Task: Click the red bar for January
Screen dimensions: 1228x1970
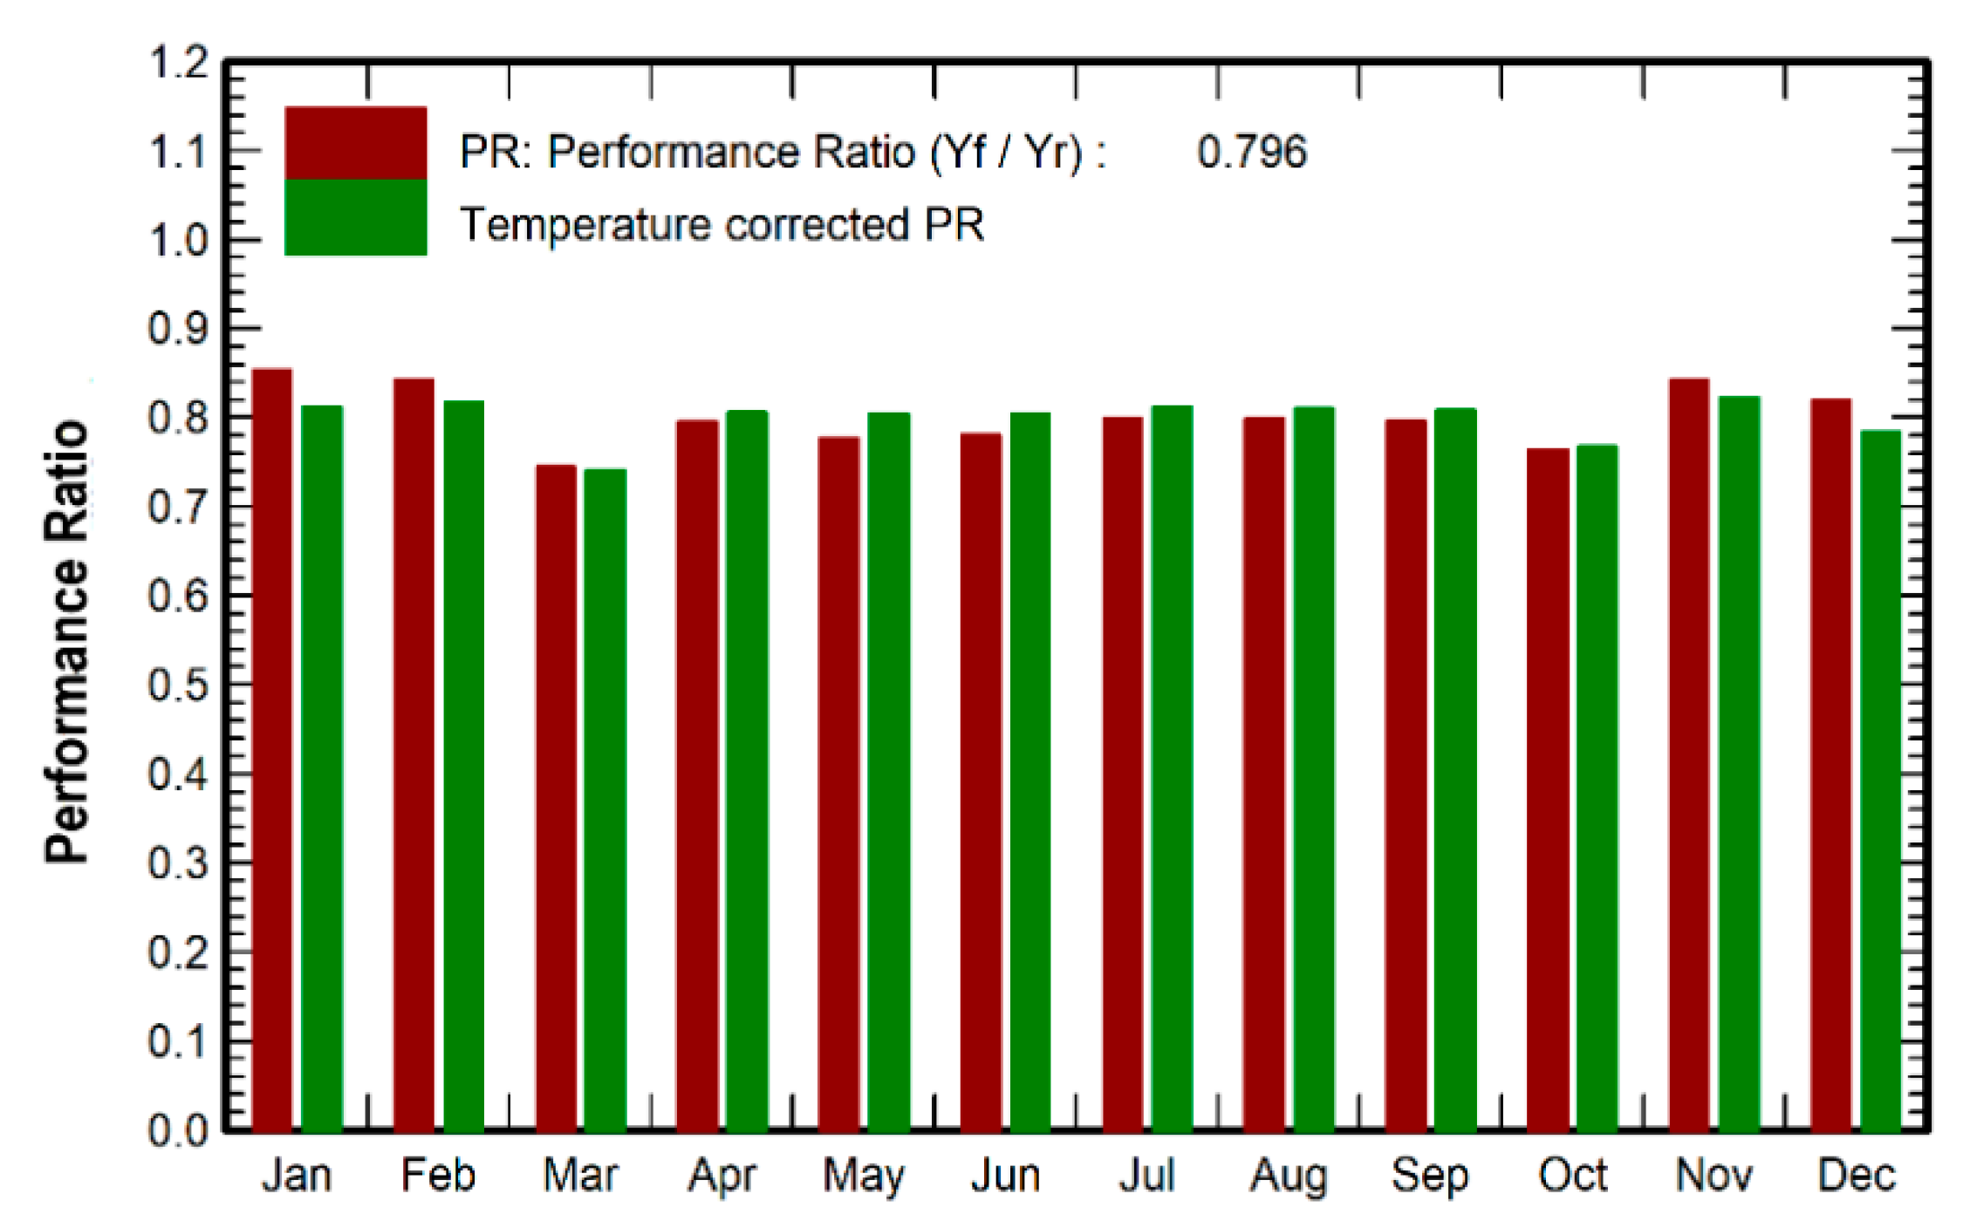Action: pos(272,750)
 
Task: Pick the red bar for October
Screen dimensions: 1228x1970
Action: pos(1548,789)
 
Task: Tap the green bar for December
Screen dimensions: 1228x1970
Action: pos(1880,781)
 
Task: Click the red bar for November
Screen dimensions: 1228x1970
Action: pos(1689,754)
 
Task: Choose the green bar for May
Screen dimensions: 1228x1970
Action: pos(889,772)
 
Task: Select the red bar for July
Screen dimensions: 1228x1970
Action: pos(1123,774)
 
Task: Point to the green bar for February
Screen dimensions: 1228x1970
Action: pos(464,766)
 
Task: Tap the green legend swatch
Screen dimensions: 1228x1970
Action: pos(356,217)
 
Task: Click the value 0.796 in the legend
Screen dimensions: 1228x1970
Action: pos(1251,153)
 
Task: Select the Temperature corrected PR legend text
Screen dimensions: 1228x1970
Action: pos(722,225)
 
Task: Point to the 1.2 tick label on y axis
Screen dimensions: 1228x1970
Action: pos(179,63)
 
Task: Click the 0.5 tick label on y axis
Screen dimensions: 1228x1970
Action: pos(179,686)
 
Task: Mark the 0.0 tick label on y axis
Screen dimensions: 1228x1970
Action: pos(179,1131)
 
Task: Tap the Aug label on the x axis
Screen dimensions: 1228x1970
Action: pos(1289,1176)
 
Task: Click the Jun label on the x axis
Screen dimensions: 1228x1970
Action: pos(1006,1176)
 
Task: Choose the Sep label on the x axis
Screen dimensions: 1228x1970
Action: pos(1430,1176)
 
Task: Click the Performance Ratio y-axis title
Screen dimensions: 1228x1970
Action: pos(68,643)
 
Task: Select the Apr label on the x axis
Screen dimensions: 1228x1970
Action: pos(722,1176)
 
